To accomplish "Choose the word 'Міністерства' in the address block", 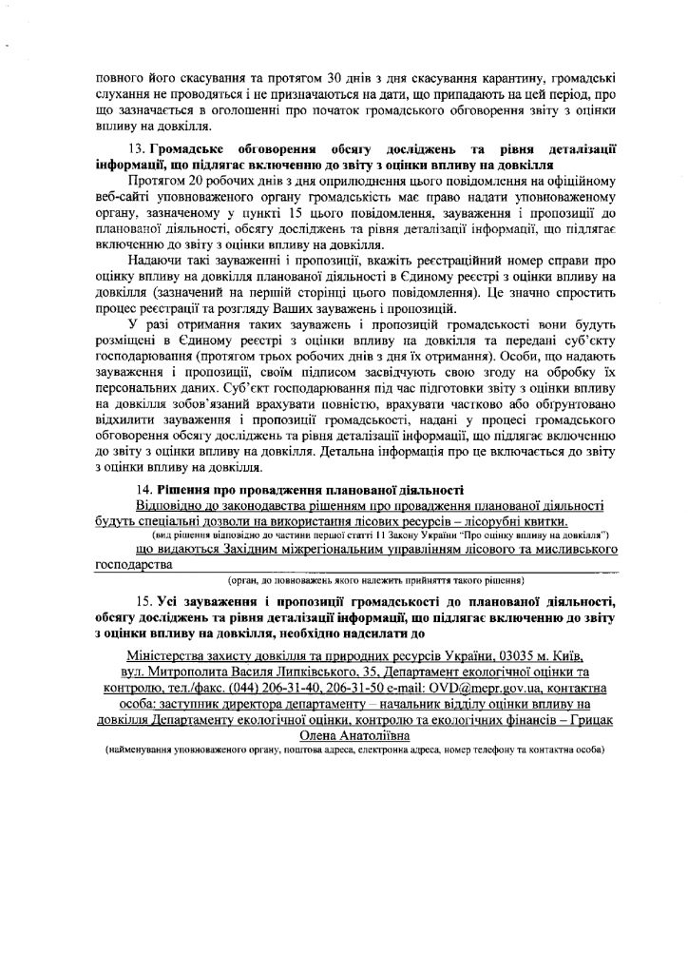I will tap(164, 657).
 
